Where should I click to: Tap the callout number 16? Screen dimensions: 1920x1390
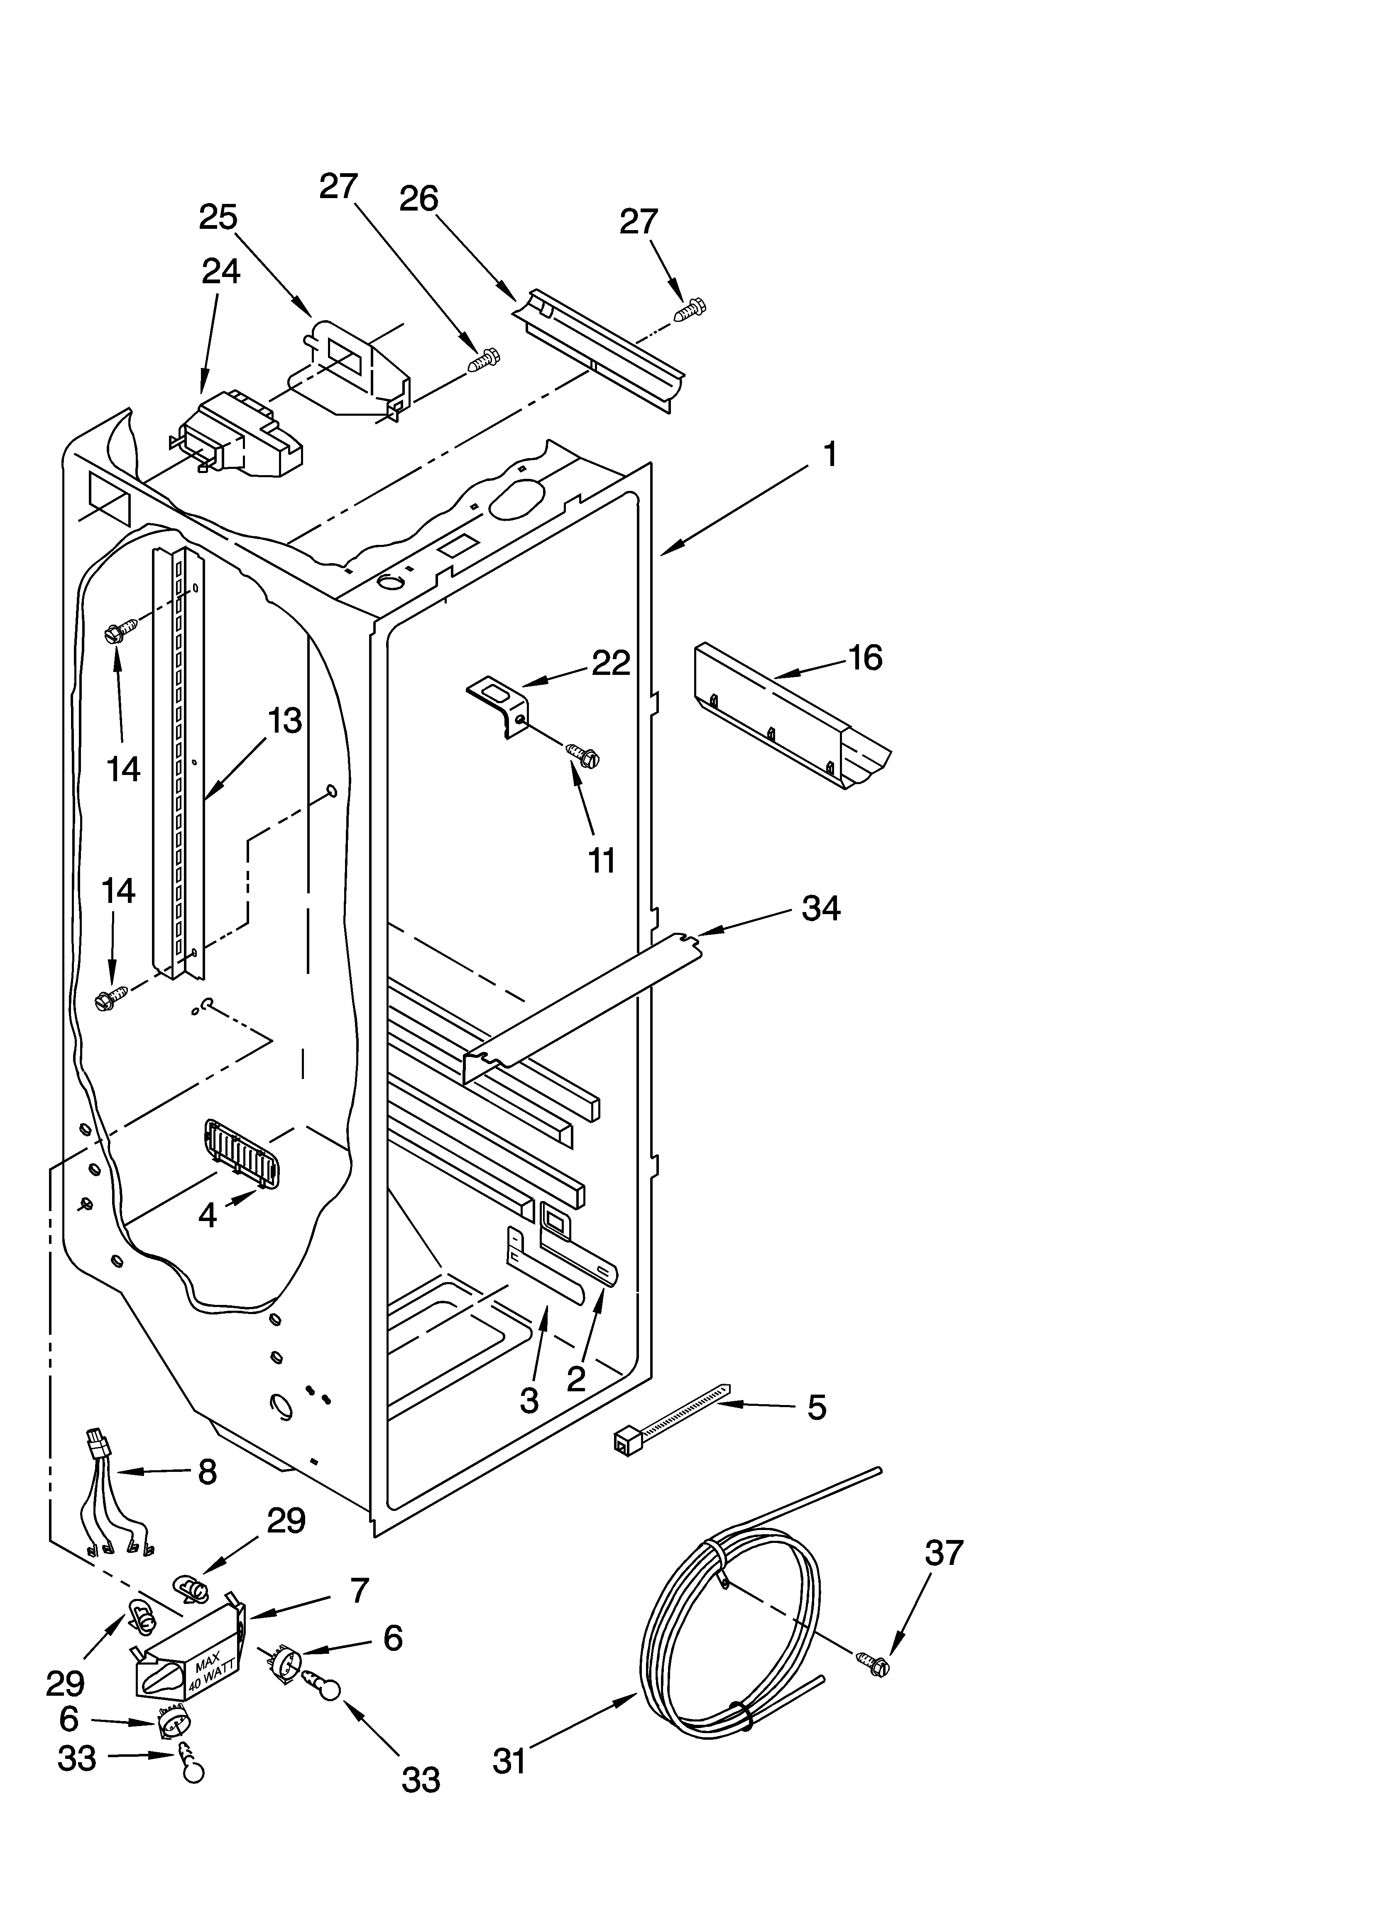(x=865, y=658)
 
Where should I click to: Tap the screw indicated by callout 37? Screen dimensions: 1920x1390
(x=874, y=1666)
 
